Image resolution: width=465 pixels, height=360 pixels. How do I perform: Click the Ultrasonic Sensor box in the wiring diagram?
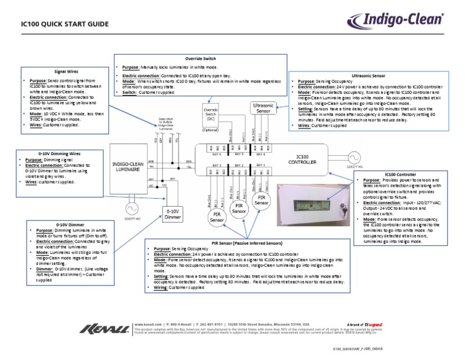263,108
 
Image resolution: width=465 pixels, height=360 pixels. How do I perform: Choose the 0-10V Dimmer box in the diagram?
173,214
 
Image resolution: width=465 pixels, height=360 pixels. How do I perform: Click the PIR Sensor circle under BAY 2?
239,209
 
